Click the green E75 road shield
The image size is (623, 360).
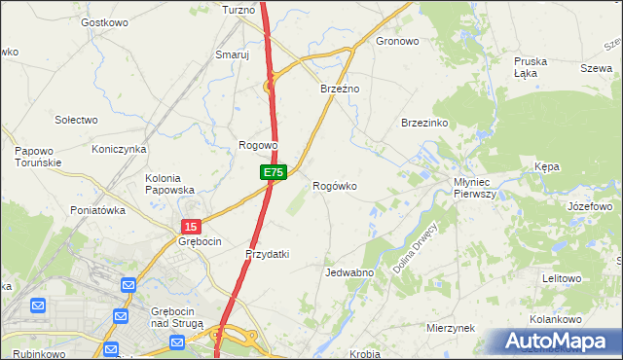tap(273, 172)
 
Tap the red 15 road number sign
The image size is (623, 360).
tap(191, 226)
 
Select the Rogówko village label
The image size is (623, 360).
tap(334, 185)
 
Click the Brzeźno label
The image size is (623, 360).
tap(341, 89)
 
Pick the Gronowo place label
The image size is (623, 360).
tap(397, 42)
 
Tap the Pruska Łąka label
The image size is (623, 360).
tap(531, 67)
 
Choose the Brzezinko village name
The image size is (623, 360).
tap(423, 123)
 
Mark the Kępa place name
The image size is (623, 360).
tap(546, 167)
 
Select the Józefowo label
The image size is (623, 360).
tap(589, 207)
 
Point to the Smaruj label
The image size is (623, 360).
tap(233, 55)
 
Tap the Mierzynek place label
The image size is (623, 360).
tap(450, 329)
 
